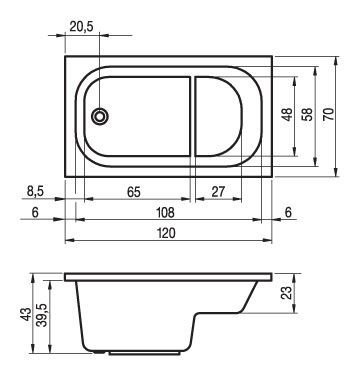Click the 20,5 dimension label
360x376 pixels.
click(82, 26)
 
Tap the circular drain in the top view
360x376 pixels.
click(100, 117)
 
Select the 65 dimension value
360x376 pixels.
click(134, 192)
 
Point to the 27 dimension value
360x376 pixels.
click(218, 192)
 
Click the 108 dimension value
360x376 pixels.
click(166, 212)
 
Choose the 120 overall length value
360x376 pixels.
click(166, 233)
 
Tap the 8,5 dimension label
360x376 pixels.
click(35, 192)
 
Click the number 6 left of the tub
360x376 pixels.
click(35, 212)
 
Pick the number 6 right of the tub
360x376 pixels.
click(289, 212)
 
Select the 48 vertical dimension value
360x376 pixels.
click(287, 114)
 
